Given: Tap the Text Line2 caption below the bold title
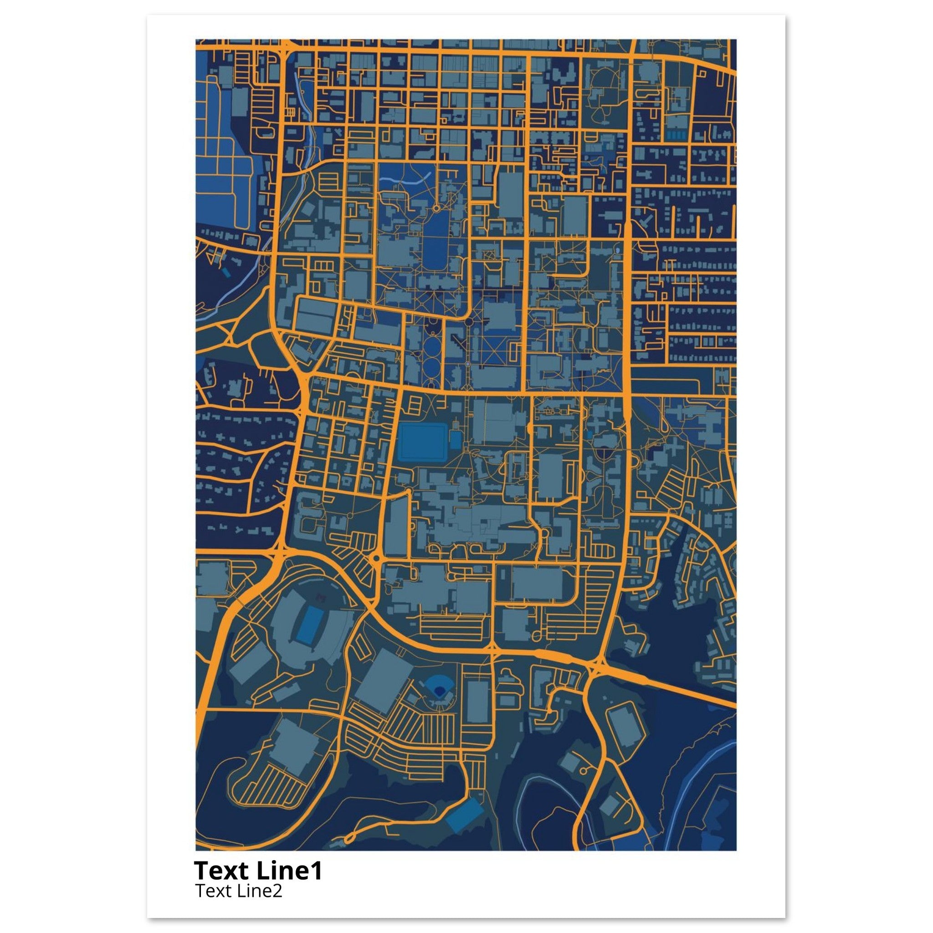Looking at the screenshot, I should tap(239, 891).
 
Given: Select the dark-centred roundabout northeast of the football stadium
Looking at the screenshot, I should tap(376, 558).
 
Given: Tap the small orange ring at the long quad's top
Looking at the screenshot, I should tap(436, 209).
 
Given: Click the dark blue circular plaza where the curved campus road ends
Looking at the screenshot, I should tap(468, 321).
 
